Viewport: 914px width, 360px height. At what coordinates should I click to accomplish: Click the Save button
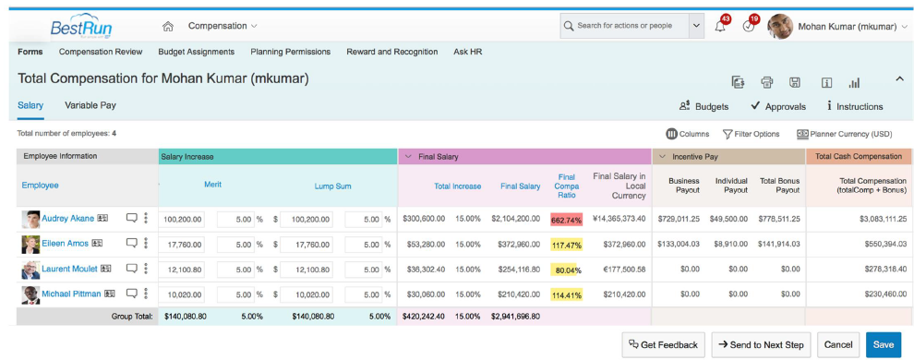click(x=883, y=344)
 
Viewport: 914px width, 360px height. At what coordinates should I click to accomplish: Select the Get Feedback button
click(x=664, y=344)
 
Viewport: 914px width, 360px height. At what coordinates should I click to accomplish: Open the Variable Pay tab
click(x=90, y=105)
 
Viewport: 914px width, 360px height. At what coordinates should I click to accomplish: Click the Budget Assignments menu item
click(x=196, y=52)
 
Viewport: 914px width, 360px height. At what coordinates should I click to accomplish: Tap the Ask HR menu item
click(x=468, y=52)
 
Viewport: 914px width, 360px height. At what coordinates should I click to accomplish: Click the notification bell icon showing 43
click(x=720, y=27)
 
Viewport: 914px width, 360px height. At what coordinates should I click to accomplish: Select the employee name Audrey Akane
click(x=67, y=219)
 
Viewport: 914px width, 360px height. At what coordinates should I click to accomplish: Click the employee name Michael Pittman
click(x=71, y=294)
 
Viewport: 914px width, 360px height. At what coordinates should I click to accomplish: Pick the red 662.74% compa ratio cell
click(x=566, y=220)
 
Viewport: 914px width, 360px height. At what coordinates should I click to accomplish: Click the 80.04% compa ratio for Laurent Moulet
click(x=566, y=270)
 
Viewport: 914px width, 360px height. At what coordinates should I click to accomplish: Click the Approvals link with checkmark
click(x=777, y=106)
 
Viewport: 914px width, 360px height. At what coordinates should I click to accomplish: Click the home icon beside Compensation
click(x=167, y=26)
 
